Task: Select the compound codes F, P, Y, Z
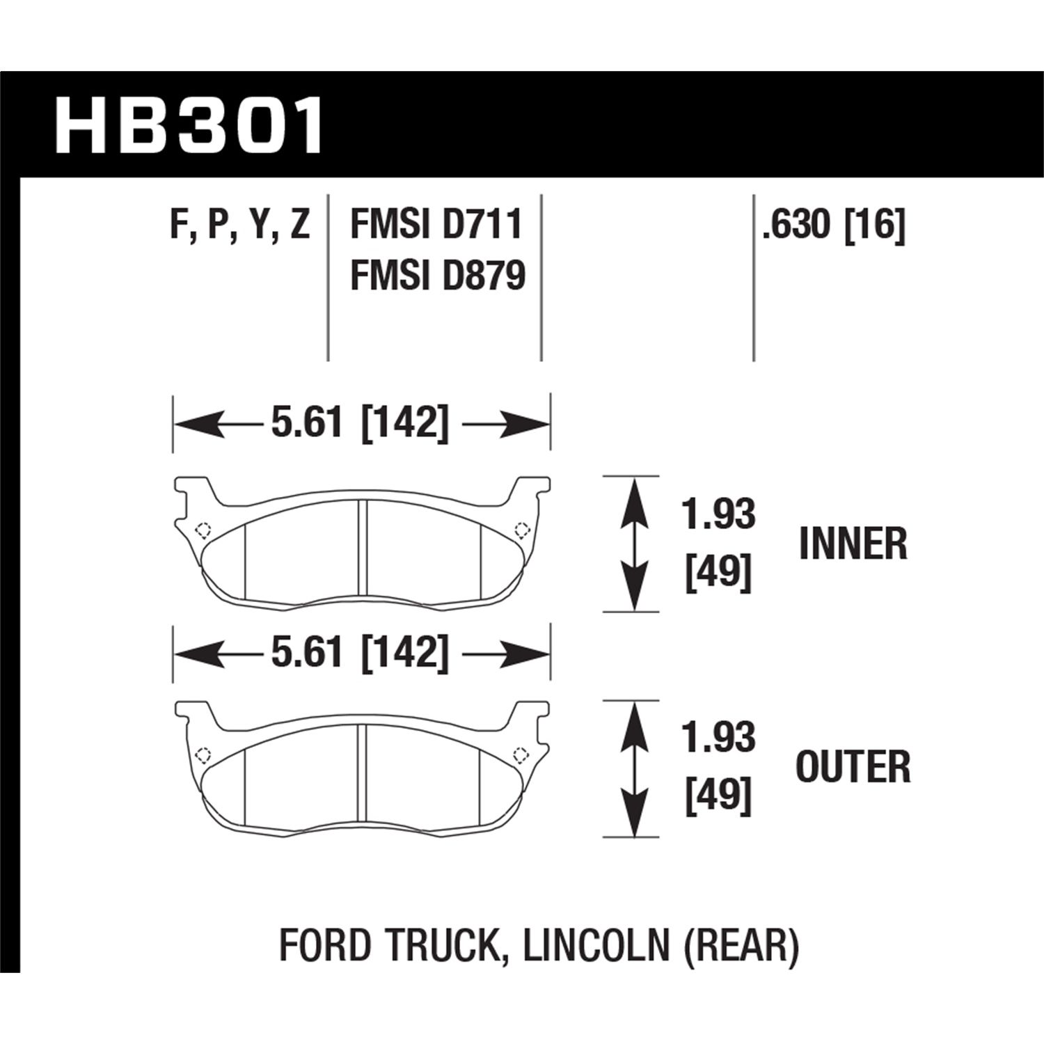[x=239, y=226]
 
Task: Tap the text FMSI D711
[x=436, y=226]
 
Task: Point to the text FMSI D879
[x=438, y=276]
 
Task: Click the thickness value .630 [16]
[x=833, y=226]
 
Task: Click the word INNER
[x=853, y=544]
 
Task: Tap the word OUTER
[x=853, y=767]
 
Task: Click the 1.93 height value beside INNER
[x=719, y=515]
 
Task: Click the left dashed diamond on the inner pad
[x=203, y=530]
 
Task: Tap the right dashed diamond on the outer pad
[x=519, y=754]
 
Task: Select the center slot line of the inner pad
[x=361, y=548]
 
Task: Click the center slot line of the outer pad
[x=361, y=773]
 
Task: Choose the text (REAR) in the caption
[x=743, y=947]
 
